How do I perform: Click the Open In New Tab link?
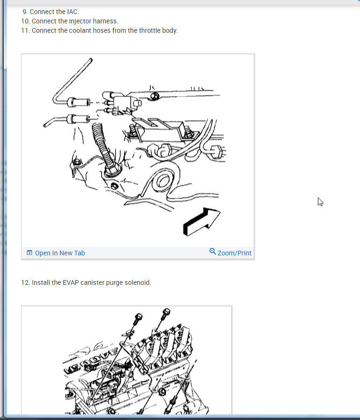(60, 253)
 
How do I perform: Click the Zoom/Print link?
(234, 253)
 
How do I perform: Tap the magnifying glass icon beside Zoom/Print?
(213, 252)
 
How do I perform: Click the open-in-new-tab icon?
(29, 253)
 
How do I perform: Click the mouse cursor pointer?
(320, 202)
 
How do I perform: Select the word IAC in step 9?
(73, 12)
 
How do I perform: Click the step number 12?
(25, 282)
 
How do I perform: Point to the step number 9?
(25, 12)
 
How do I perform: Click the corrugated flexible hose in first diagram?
(103, 145)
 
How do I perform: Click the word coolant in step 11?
(80, 30)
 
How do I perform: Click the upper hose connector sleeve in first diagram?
(79, 102)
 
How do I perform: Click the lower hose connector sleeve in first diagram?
(78, 119)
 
